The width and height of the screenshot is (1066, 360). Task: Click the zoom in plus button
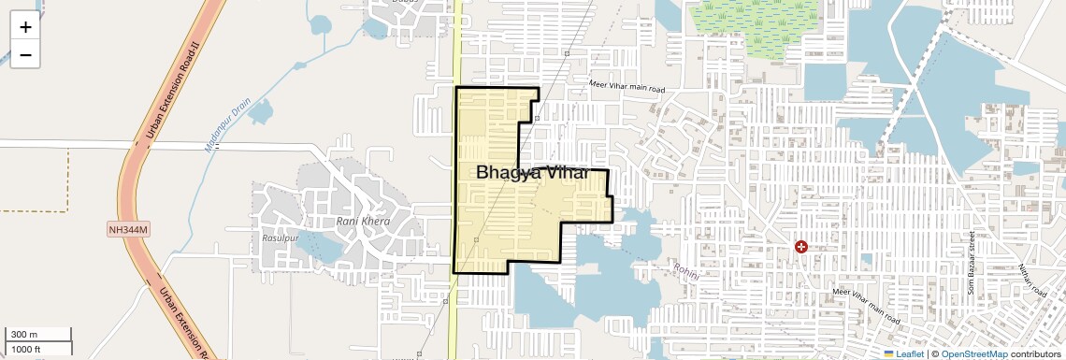coord(25,27)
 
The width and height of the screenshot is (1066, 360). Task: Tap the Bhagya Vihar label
coord(533,173)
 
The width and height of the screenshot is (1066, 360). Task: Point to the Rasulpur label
coord(281,238)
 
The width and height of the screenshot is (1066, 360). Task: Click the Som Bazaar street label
coord(972,263)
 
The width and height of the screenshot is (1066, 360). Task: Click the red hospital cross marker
coord(801,247)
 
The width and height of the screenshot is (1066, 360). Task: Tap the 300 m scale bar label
coord(24,335)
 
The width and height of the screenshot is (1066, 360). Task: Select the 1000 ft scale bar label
coord(26,349)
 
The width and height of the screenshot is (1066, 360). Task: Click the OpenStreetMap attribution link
coord(973,353)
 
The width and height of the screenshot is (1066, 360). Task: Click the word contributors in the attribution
coord(1035,353)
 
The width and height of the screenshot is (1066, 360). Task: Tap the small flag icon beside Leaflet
coord(889,353)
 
